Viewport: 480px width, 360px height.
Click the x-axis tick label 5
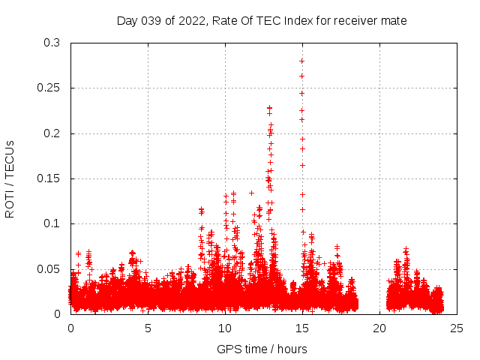(x=148, y=328)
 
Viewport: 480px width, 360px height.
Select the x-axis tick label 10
(x=225, y=328)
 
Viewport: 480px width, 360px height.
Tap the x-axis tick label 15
(x=302, y=328)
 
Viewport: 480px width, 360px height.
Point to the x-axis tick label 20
(x=379, y=328)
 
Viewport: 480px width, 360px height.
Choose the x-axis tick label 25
(x=457, y=328)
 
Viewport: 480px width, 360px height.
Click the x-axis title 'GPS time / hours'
(x=262, y=349)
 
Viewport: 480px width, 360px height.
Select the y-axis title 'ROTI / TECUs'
(x=10, y=178)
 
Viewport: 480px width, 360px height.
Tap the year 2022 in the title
(x=192, y=21)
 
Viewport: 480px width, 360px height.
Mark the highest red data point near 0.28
(x=301, y=61)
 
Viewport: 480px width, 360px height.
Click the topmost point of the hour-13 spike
(x=269, y=108)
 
